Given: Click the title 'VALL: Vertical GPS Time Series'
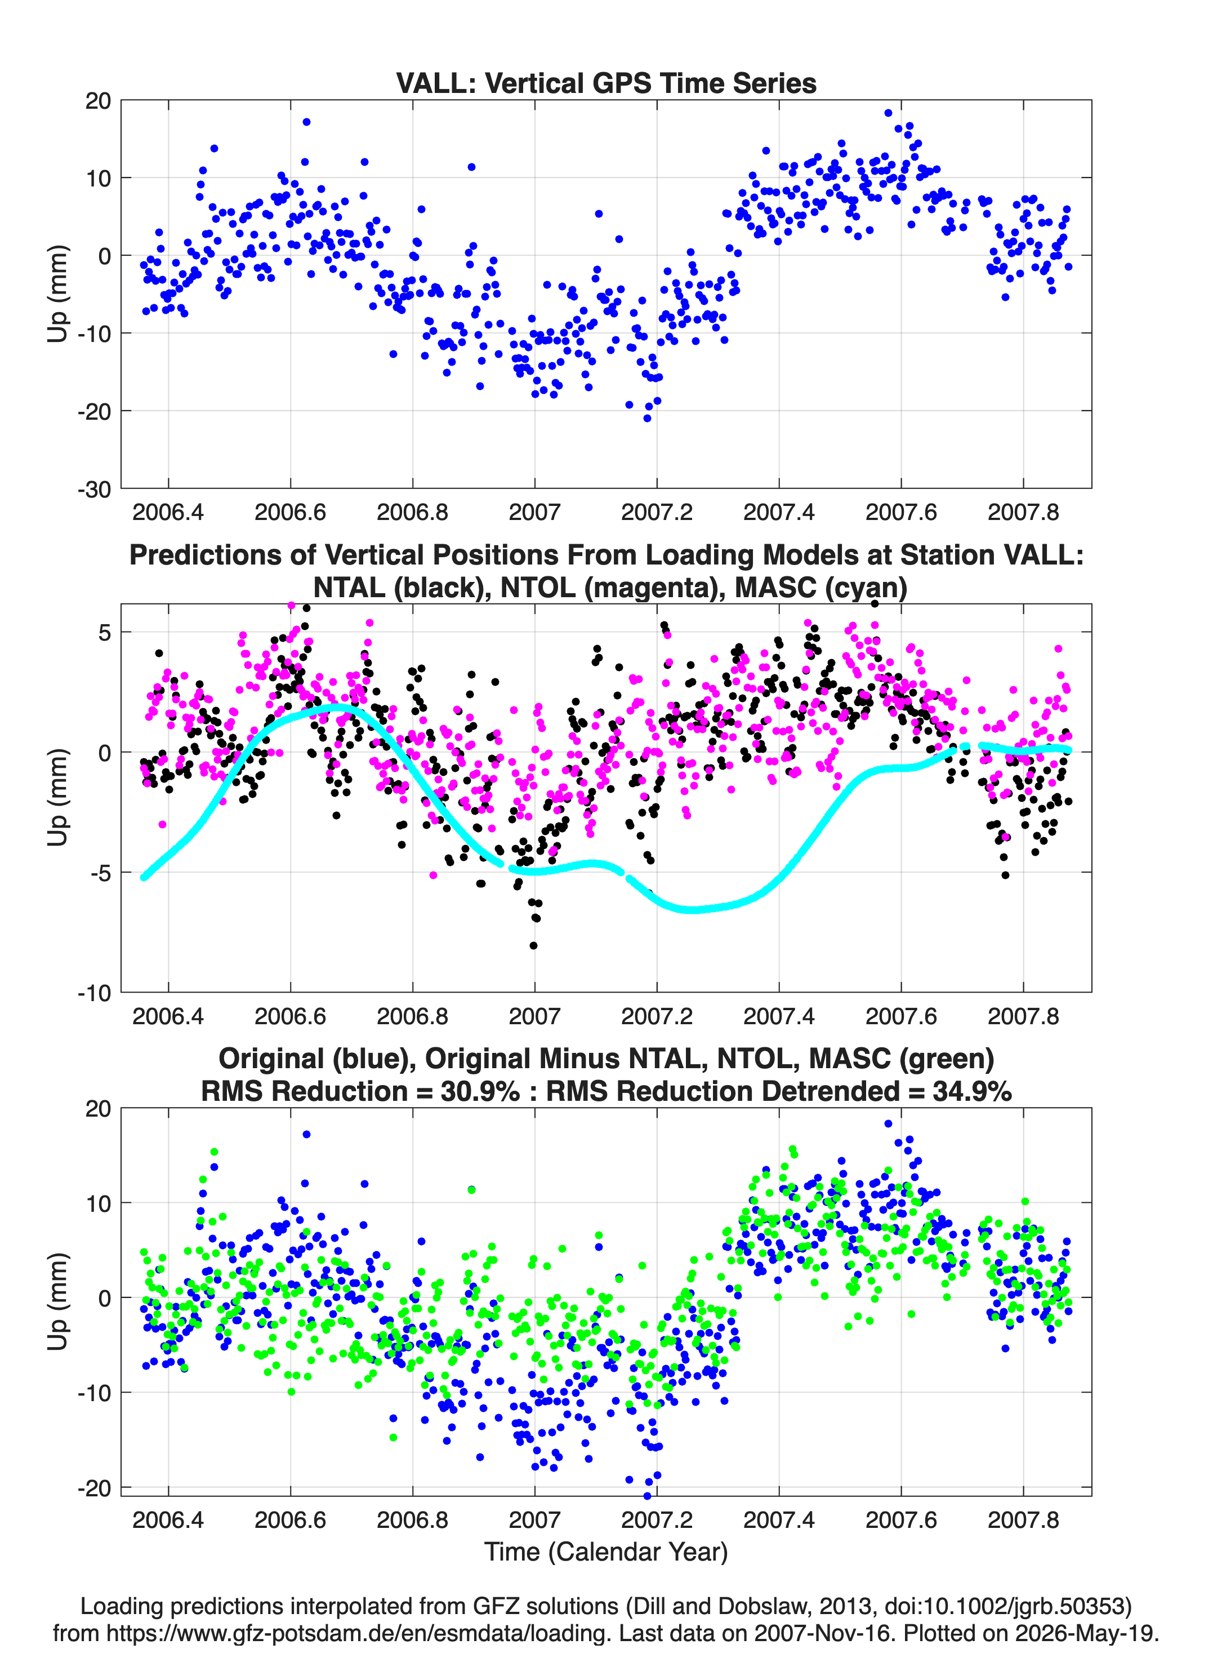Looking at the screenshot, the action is [x=606, y=83].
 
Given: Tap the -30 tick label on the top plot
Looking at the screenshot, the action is [x=94, y=490].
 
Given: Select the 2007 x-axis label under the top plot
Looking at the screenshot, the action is [x=534, y=512].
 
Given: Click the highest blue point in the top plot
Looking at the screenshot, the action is [x=888, y=113].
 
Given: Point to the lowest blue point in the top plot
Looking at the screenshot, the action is [x=647, y=419].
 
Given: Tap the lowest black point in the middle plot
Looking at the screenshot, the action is [x=533, y=946].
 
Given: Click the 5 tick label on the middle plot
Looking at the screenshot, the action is [x=104, y=633].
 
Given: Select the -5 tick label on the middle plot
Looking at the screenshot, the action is [x=99, y=873].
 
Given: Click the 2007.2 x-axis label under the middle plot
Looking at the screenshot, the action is [x=657, y=1016].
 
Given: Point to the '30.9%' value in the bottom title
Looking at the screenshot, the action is [x=480, y=1091].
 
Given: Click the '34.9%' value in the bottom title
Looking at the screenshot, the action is [x=973, y=1091].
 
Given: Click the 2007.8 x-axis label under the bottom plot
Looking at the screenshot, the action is [x=1023, y=1520].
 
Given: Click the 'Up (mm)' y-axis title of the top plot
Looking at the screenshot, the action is [x=57, y=294].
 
